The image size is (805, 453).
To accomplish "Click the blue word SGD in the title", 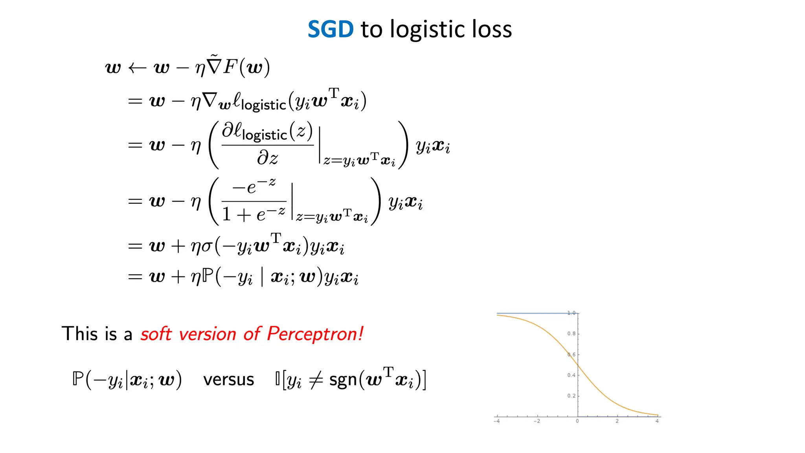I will (x=330, y=29).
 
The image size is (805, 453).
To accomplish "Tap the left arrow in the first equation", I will (x=137, y=68).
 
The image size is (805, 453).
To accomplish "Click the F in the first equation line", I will (x=230, y=67).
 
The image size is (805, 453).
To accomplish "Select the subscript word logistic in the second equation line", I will (x=263, y=105).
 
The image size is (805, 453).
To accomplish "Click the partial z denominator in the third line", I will (x=267, y=158).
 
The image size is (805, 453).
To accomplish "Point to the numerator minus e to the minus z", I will (x=254, y=186).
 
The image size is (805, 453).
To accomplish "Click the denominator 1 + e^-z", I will (x=254, y=214).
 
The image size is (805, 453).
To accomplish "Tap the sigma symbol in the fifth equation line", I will (x=207, y=247).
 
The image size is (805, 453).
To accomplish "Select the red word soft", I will (x=156, y=334).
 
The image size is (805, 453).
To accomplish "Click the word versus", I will (x=228, y=380).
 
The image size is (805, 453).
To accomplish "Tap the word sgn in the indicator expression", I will (x=343, y=381).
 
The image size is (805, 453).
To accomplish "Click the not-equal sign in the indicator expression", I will (x=316, y=380).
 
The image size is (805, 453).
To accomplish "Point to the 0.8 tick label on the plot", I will (x=571, y=333).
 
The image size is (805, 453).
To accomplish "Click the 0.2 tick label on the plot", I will (x=571, y=396).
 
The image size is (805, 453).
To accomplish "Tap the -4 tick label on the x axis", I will (x=497, y=421).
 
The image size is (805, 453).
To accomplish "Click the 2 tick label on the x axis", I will (x=617, y=421).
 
